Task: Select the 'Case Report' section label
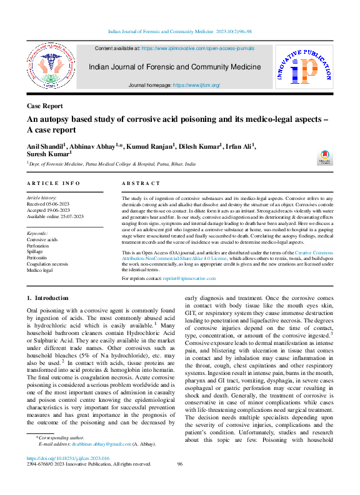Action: pyautogui.click(x=44, y=106)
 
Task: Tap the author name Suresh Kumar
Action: pyautogui.click(x=48, y=153)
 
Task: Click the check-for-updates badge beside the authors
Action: pyautogui.click(x=326, y=157)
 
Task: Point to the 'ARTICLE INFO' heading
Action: pyautogui.click(x=54, y=183)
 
